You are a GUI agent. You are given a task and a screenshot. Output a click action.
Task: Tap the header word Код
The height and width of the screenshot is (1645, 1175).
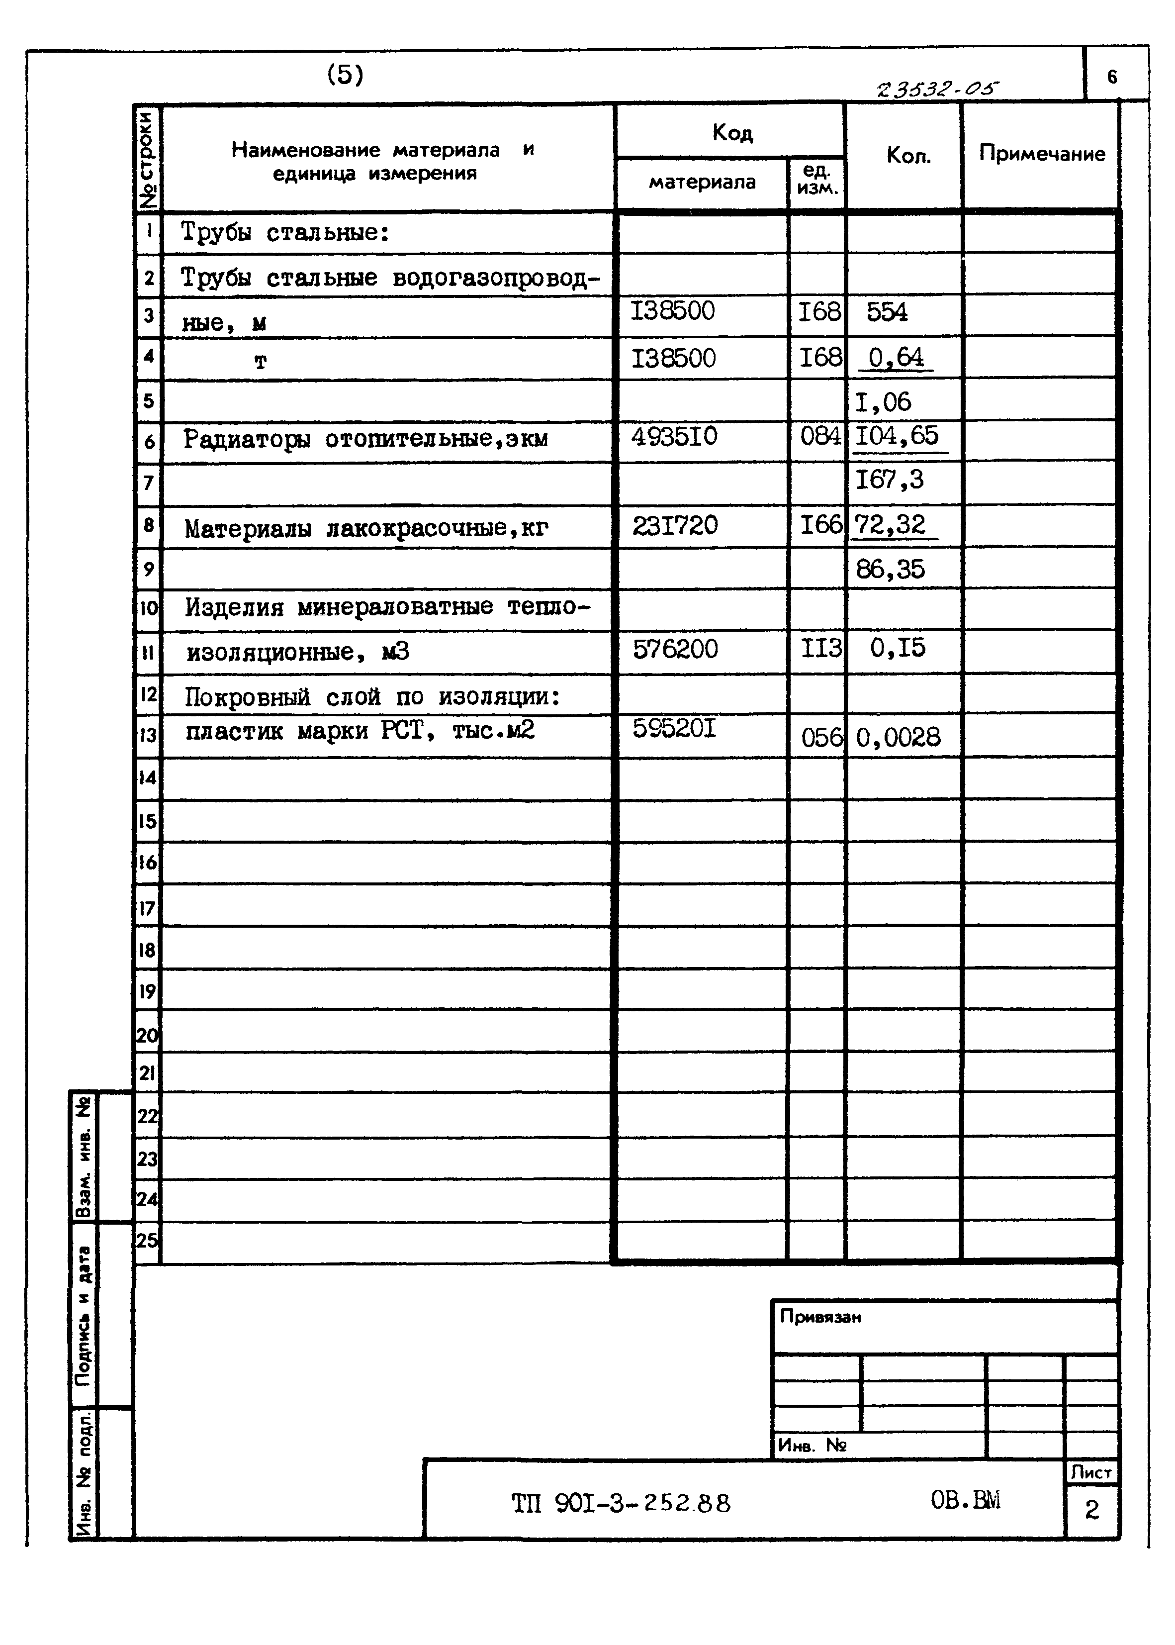pos(732,132)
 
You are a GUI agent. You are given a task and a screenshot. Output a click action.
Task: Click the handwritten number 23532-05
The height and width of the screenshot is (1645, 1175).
pos(936,90)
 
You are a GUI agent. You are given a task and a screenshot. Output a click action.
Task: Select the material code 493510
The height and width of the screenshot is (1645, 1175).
pos(674,436)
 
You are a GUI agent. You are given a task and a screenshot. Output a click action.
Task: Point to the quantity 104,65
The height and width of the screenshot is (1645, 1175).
pos(897,436)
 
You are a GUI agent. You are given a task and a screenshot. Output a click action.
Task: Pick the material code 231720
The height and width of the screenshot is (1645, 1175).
pos(674,525)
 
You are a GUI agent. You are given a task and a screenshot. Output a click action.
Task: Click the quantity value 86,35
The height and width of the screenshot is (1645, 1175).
pos(890,570)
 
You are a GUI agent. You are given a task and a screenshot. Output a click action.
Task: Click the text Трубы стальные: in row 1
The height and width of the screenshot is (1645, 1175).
pos(285,233)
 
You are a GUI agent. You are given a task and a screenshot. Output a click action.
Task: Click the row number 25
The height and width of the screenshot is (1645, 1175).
pos(147,1241)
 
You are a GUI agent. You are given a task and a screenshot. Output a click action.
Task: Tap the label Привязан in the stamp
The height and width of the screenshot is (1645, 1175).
pos(820,1317)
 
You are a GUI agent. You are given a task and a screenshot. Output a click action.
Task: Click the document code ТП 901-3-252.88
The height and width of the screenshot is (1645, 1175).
pos(621,1504)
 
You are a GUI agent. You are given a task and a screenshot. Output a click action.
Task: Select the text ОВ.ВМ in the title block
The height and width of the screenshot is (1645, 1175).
pos(965,1500)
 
